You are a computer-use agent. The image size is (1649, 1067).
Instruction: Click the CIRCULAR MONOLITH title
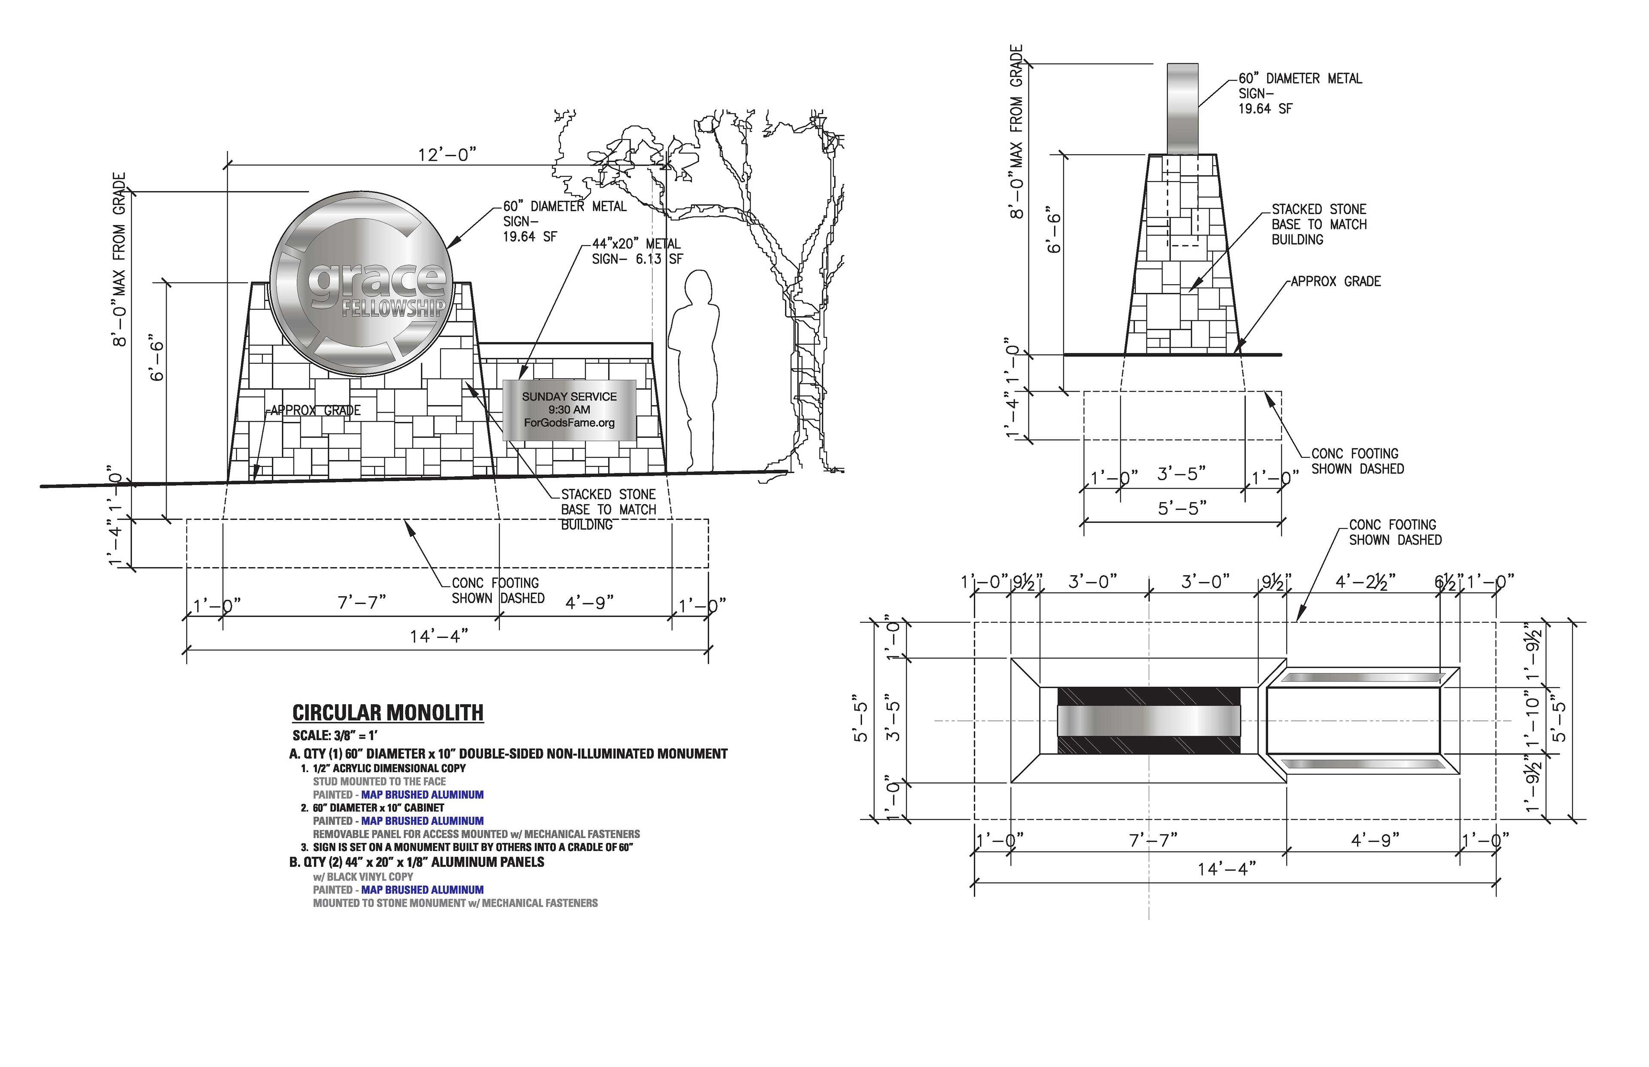[x=388, y=713]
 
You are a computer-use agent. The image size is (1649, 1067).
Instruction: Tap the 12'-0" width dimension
[x=447, y=155]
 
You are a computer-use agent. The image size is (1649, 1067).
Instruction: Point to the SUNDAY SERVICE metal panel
[x=569, y=410]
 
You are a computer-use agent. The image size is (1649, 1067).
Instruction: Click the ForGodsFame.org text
[x=569, y=423]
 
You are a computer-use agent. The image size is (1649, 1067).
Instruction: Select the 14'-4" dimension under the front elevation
[x=439, y=636]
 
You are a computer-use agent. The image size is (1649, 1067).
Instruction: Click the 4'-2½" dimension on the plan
[x=1365, y=582]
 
